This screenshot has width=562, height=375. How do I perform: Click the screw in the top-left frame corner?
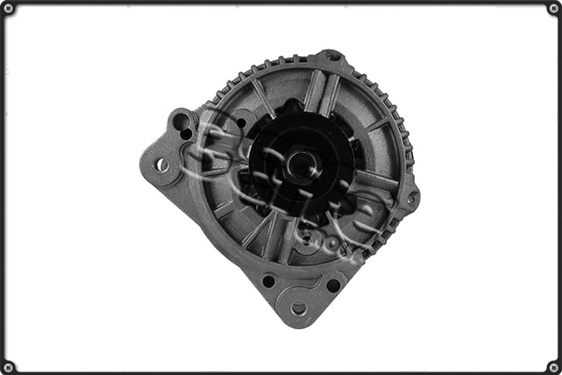[x=8, y=8]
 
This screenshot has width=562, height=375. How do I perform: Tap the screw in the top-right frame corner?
[x=553, y=8]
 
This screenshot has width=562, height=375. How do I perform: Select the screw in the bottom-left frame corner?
[x=8, y=366]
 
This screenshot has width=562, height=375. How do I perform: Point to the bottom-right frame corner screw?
[x=553, y=366]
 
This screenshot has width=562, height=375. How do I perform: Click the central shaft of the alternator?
[x=302, y=166]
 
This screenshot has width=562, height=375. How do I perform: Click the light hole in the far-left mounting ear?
[x=162, y=165]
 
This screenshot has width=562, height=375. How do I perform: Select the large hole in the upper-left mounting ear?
[x=182, y=121]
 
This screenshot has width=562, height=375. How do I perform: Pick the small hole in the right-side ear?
[x=409, y=198]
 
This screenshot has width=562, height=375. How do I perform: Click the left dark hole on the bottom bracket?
[x=269, y=280]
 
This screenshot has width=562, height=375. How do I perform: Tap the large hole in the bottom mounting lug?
[x=299, y=307]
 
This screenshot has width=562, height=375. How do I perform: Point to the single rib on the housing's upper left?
[x=264, y=98]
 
